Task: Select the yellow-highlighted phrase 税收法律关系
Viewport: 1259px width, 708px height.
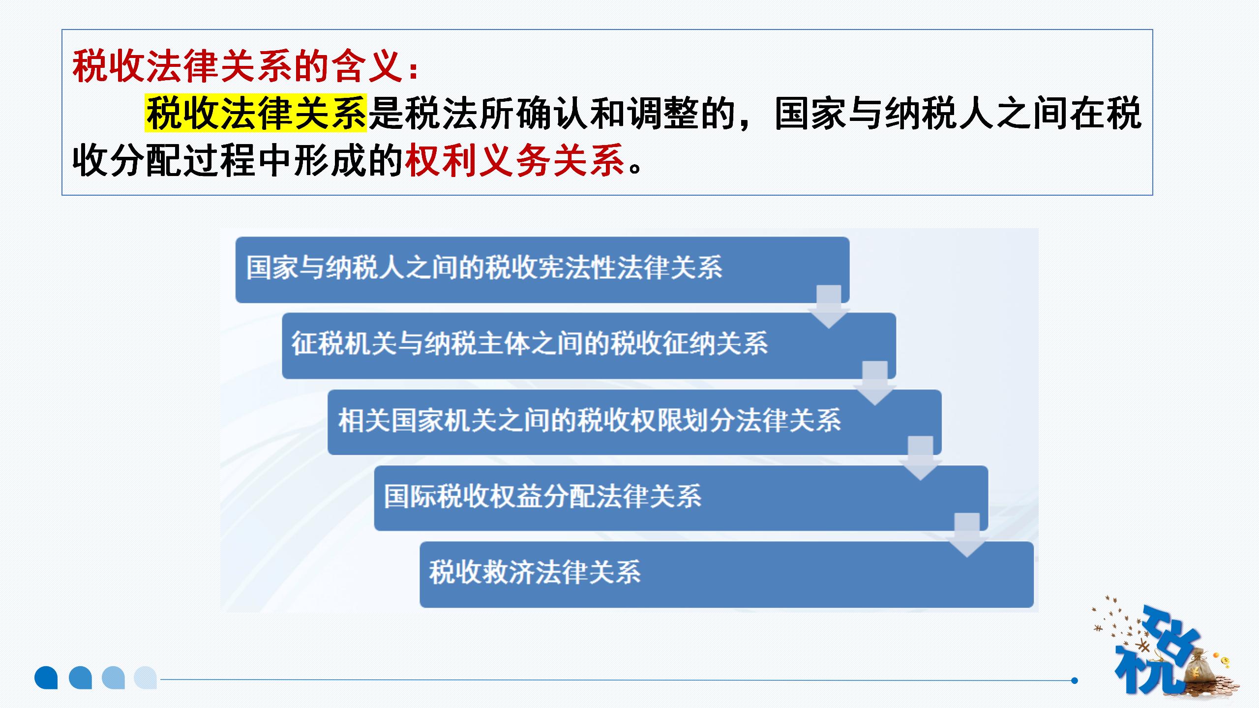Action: pyautogui.click(x=256, y=114)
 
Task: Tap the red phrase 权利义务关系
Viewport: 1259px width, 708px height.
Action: pyautogui.click(x=515, y=160)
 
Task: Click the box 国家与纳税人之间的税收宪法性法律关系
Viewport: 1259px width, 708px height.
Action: pyautogui.click(x=542, y=269)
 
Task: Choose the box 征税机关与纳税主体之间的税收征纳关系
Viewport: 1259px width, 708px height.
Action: pyautogui.click(x=589, y=346)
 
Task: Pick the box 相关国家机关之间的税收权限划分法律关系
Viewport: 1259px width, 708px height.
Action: pyautogui.click(x=634, y=422)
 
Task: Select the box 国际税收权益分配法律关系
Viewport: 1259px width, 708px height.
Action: pyautogui.click(x=681, y=498)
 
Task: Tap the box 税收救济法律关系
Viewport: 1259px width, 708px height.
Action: pyautogui.click(x=727, y=574)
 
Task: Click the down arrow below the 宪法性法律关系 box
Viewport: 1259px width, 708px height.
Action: pyautogui.click(x=829, y=307)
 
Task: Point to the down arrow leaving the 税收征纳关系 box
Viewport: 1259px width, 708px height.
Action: pyautogui.click(x=875, y=383)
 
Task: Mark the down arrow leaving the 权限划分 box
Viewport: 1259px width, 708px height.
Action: pyautogui.click(x=921, y=458)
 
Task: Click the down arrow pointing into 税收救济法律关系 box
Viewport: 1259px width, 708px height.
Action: pyautogui.click(x=967, y=535)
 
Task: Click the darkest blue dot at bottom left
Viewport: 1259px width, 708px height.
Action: pyautogui.click(x=46, y=678)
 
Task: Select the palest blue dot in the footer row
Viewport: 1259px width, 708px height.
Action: pyautogui.click(x=146, y=678)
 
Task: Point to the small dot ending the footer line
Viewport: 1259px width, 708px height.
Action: pyautogui.click(x=1075, y=680)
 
